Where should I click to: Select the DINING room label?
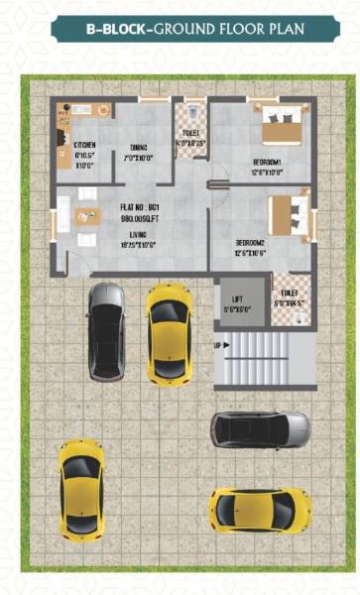[138, 150]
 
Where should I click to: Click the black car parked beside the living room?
[105, 330]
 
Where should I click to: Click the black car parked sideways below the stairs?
[260, 429]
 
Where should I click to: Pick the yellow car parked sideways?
[260, 510]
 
